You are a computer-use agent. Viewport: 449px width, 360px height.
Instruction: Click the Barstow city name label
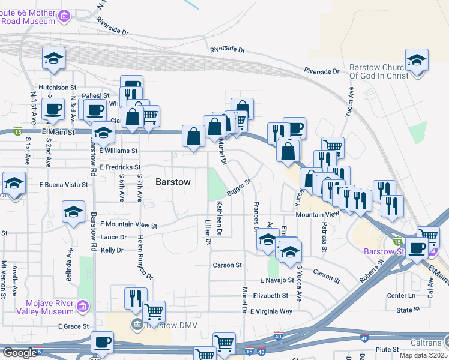[x=173, y=182]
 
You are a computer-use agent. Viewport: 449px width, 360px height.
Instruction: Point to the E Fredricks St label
[x=120, y=167]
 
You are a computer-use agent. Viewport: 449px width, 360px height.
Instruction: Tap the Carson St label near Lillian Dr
[x=227, y=265]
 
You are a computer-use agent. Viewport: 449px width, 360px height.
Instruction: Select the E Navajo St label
[x=277, y=280]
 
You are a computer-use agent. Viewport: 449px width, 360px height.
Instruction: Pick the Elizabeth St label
[x=271, y=296]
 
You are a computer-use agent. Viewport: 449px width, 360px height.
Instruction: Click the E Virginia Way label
[x=271, y=311]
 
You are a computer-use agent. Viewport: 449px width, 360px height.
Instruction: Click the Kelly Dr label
[x=112, y=250]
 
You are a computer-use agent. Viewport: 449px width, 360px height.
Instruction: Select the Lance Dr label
[x=113, y=238]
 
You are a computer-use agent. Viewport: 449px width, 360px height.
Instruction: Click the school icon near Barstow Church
[x=417, y=61]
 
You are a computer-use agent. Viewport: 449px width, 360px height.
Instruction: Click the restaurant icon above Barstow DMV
[x=136, y=298]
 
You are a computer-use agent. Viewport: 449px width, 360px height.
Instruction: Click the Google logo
[x=19, y=353]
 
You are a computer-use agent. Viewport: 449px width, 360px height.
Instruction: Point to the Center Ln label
[x=401, y=295]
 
